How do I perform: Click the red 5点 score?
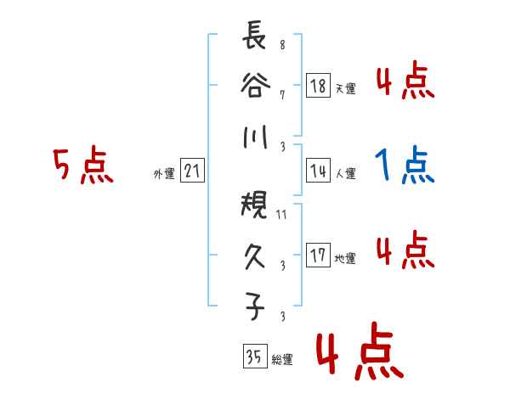[83, 165]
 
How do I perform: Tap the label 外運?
[164, 174]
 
